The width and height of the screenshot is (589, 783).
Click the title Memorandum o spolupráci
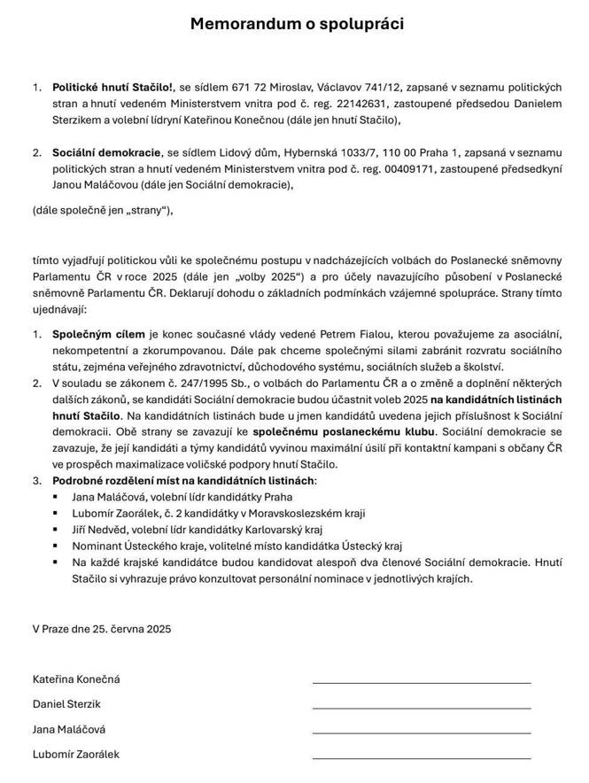pos(297,25)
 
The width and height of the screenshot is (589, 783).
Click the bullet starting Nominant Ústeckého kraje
pos(236,546)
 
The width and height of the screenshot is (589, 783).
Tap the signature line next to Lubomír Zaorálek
pos(422,758)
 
